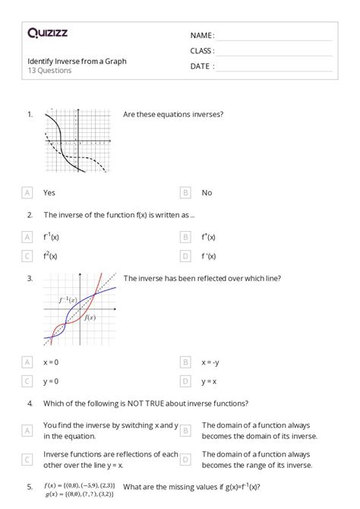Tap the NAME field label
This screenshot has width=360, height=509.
(x=202, y=36)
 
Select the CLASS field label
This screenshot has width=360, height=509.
(x=202, y=51)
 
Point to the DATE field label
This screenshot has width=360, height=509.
(x=202, y=66)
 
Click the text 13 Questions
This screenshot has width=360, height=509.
(x=49, y=71)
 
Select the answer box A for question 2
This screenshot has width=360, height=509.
(x=28, y=236)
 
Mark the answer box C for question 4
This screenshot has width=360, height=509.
(x=28, y=459)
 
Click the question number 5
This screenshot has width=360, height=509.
(x=30, y=485)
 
